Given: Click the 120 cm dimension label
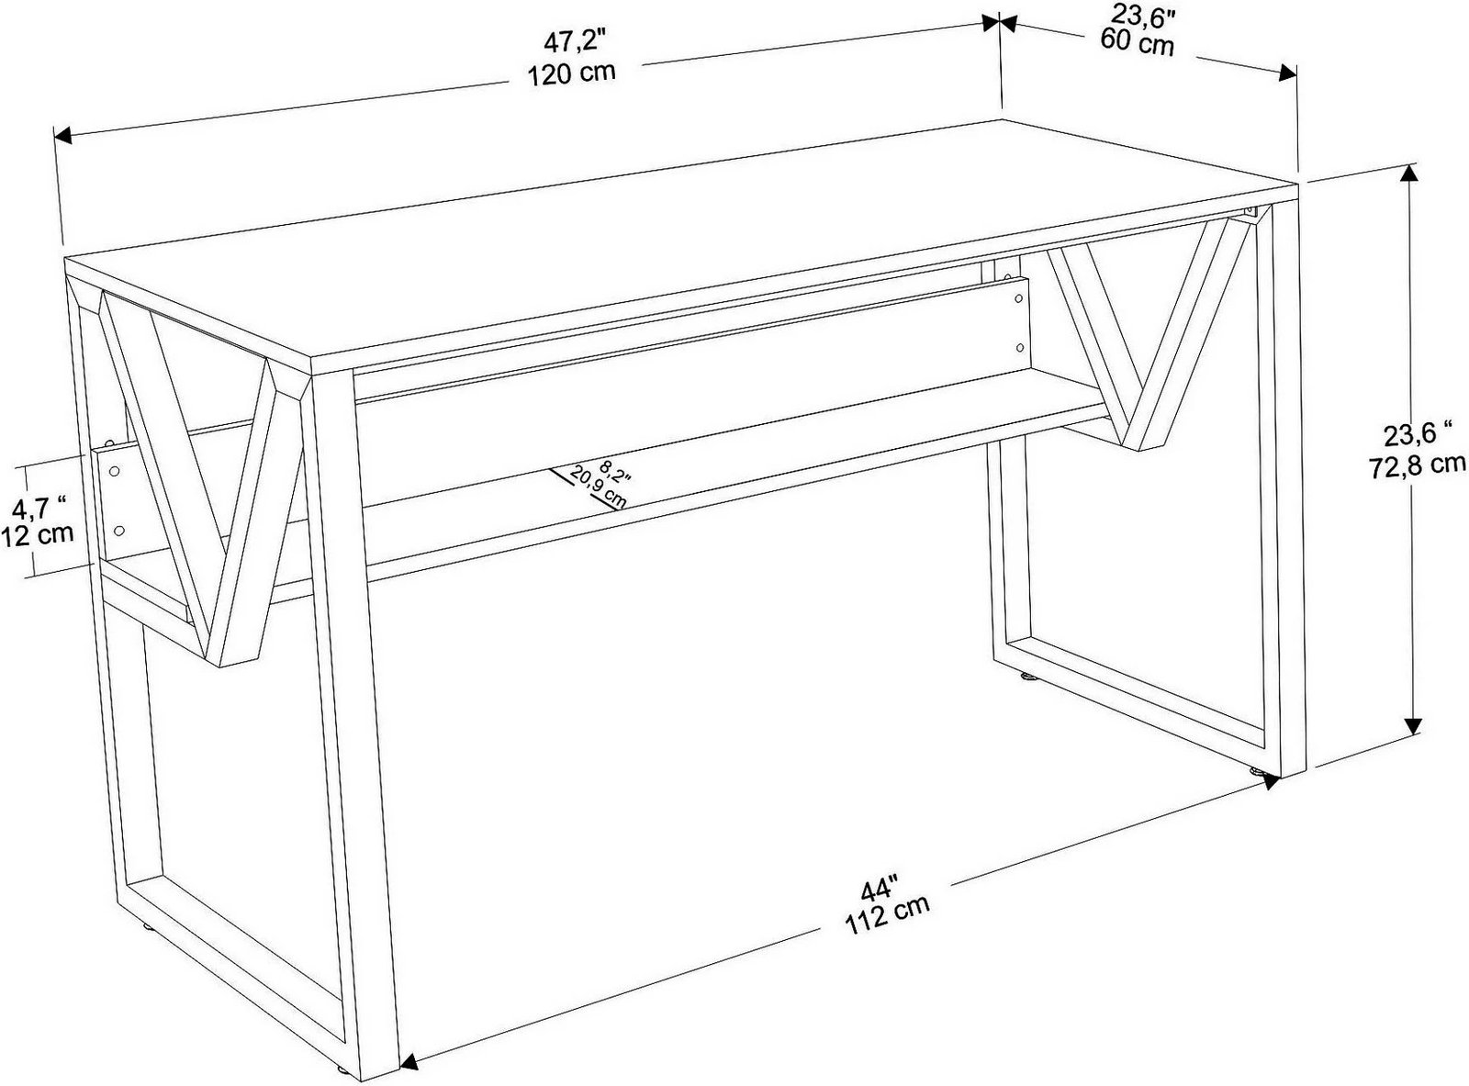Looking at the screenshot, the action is coord(572,73).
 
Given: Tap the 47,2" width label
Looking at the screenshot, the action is coord(575,43).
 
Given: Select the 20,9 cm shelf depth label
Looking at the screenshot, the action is coord(598,487).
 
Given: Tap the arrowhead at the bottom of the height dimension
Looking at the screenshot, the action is coord(1413,726).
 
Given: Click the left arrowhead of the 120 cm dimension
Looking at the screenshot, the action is coord(63,136).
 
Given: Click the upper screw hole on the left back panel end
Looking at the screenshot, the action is coord(115,472).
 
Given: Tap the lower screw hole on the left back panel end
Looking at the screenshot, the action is coord(119,531).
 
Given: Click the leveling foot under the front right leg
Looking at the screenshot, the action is coord(1256,770).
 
